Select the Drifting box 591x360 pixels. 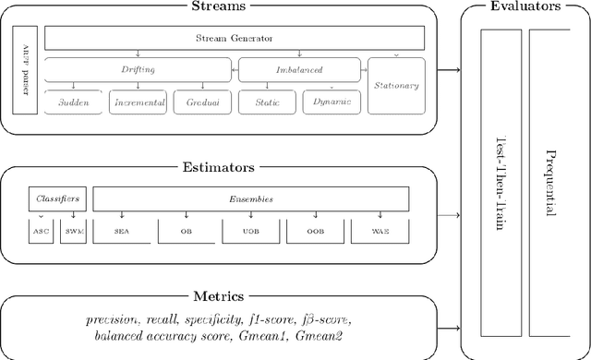pyautogui.click(x=139, y=70)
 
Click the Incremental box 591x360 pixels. pyautogui.click(x=139, y=102)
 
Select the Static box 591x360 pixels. pyautogui.click(x=266, y=102)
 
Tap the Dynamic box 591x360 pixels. pyautogui.click(x=331, y=102)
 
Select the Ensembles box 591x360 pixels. pyautogui.click(x=251, y=198)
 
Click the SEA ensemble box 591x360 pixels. pyautogui.click(x=121, y=231)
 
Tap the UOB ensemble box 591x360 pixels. pyautogui.click(x=249, y=231)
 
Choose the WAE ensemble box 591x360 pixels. pyautogui.click(x=379, y=231)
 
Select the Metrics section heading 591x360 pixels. pyautogui.click(x=218, y=295)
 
